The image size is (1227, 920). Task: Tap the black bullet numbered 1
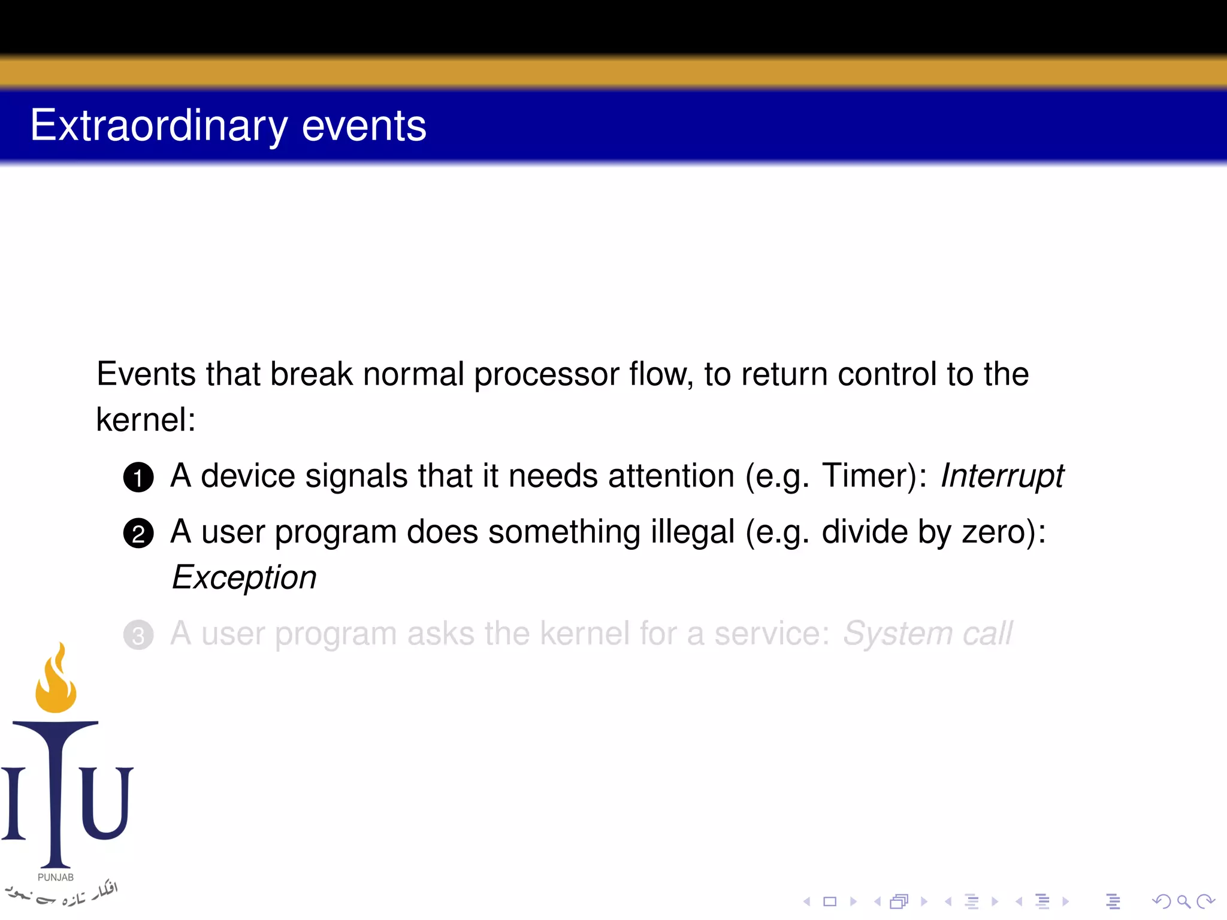138,477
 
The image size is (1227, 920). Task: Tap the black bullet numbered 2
138,533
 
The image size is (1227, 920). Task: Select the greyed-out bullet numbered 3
138,635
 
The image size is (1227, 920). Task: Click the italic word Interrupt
1002,476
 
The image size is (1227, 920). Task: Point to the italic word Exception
244,578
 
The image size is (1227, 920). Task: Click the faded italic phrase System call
927,634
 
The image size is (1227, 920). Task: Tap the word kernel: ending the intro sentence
146,419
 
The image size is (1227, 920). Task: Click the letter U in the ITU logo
107,803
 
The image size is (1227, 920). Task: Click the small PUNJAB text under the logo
56,877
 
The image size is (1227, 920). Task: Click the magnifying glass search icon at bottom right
1183,901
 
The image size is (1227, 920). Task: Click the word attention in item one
671,476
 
